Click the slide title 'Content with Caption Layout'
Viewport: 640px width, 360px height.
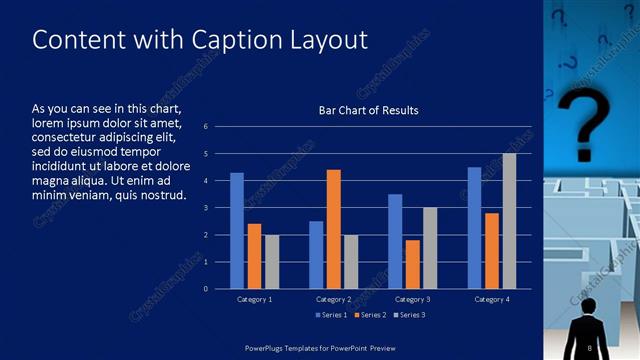(x=200, y=40)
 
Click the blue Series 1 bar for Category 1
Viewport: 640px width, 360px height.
(x=237, y=231)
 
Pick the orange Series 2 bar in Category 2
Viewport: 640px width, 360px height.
(x=333, y=229)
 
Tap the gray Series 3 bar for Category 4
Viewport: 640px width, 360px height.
(x=509, y=221)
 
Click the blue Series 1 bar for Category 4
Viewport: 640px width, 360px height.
(x=474, y=228)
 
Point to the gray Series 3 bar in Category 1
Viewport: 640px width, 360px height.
(x=272, y=261)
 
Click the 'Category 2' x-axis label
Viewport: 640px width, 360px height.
(x=333, y=299)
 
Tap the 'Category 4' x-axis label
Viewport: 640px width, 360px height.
(x=491, y=299)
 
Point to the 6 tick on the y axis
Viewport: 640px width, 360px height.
(x=205, y=127)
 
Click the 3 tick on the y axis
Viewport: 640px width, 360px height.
(x=205, y=208)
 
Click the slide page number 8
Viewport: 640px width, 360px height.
(x=591, y=347)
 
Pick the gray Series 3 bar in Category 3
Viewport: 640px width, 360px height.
(x=430, y=248)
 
